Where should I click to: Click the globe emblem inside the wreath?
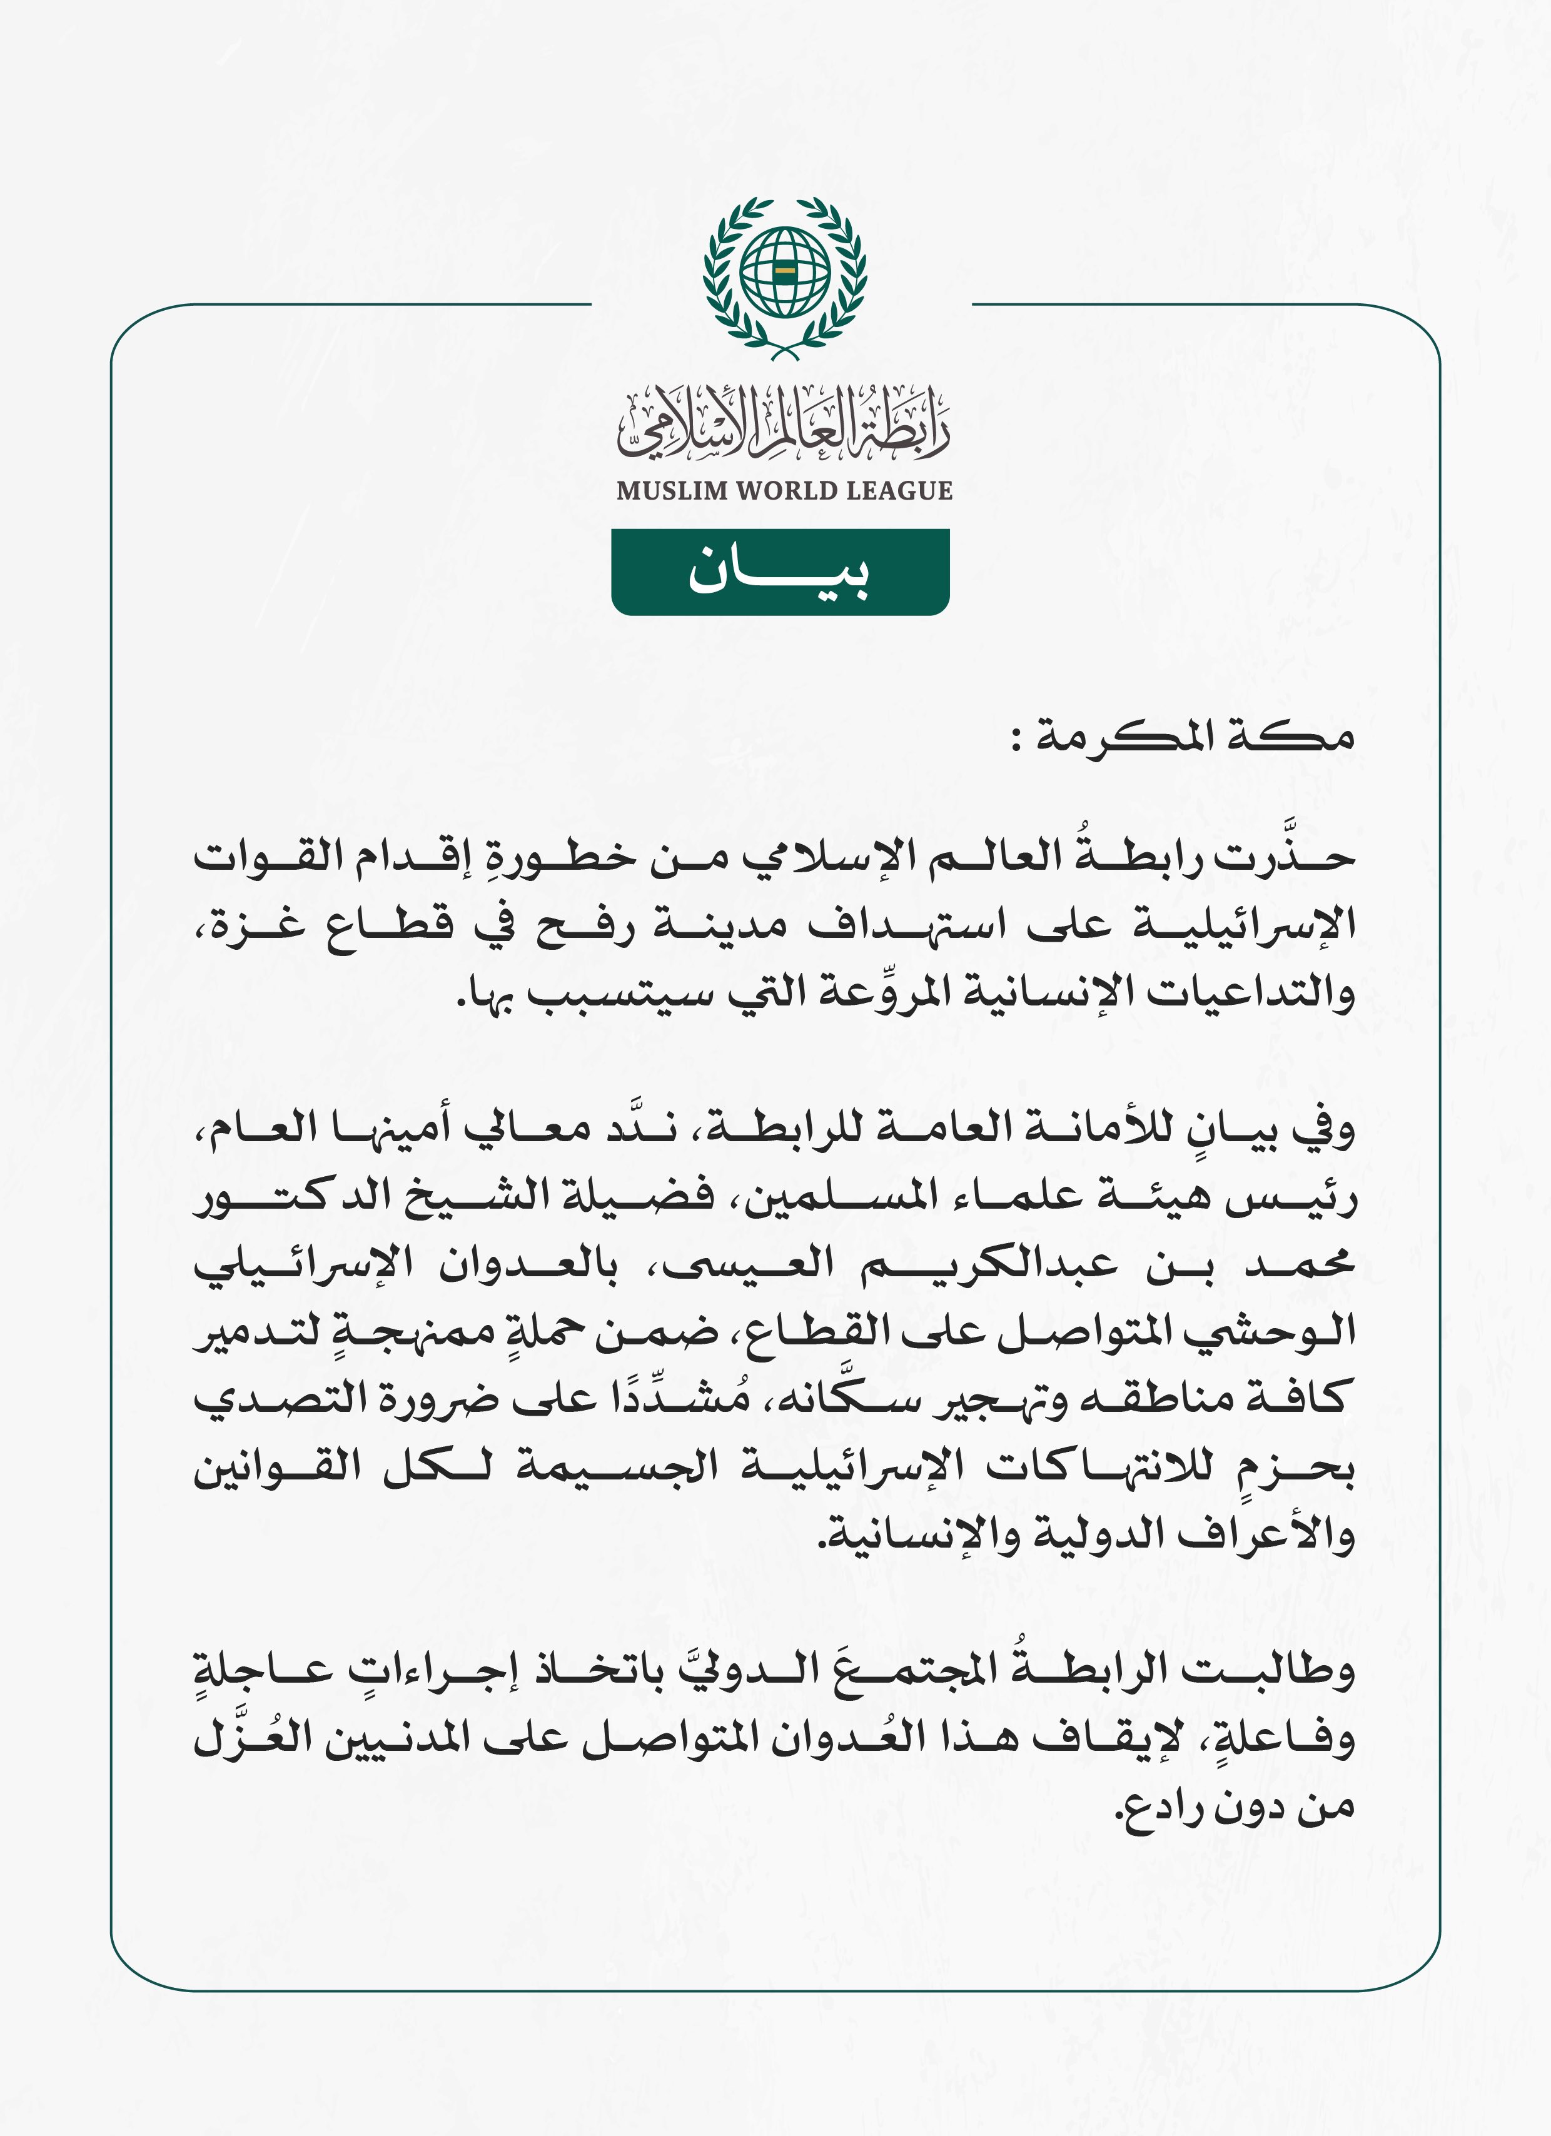click(x=784, y=273)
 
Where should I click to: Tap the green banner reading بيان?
click(x=780, y=572)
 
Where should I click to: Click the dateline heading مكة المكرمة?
click(x=1196, y=737)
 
